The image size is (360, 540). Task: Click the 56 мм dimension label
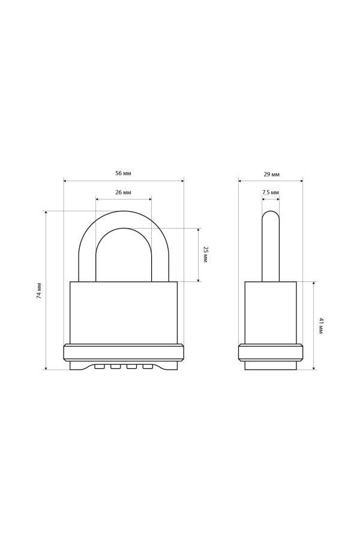pyautogui.click(x=123, y=173)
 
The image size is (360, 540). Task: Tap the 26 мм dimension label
pyautogui.click(x=123, y=193)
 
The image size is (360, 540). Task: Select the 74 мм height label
pyautogui.click(x=39, y=290)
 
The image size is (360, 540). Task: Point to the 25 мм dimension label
pyautogui.click(x=205, y=255)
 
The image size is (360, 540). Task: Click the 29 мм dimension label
pyautogui.click(x=271, y=174)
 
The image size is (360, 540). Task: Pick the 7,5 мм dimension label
pyautogui.click(x=271, y=192)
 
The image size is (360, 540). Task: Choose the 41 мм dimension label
pyautogui.click(x=321, y=326)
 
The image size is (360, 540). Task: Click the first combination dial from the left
pyautogui.click(x=99, y=367)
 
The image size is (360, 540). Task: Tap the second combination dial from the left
pyautogui.click(x=115, y=367)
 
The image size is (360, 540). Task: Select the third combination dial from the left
pyautogui.click(x=131, y=367)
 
